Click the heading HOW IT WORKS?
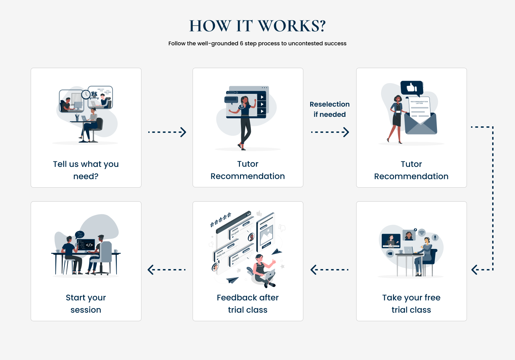click(257, 26)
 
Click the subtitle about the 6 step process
click(257, 44)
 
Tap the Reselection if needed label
click(330, 109)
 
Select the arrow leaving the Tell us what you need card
click(167, 132)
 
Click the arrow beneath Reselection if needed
click(330, 132)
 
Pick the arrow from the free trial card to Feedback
click(329, 270)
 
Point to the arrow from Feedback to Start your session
click(166, 270)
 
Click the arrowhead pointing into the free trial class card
click(475, 270)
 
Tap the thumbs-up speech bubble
click(412, 88)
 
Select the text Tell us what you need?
click(86, 170)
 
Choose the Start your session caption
click(86, 303)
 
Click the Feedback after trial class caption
click(248, 303)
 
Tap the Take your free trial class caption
click(411, 303)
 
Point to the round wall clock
click(86, 94)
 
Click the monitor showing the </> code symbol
click(86, 245)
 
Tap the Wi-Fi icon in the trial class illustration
click(422, 233)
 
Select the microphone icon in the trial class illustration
click(435, 237)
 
